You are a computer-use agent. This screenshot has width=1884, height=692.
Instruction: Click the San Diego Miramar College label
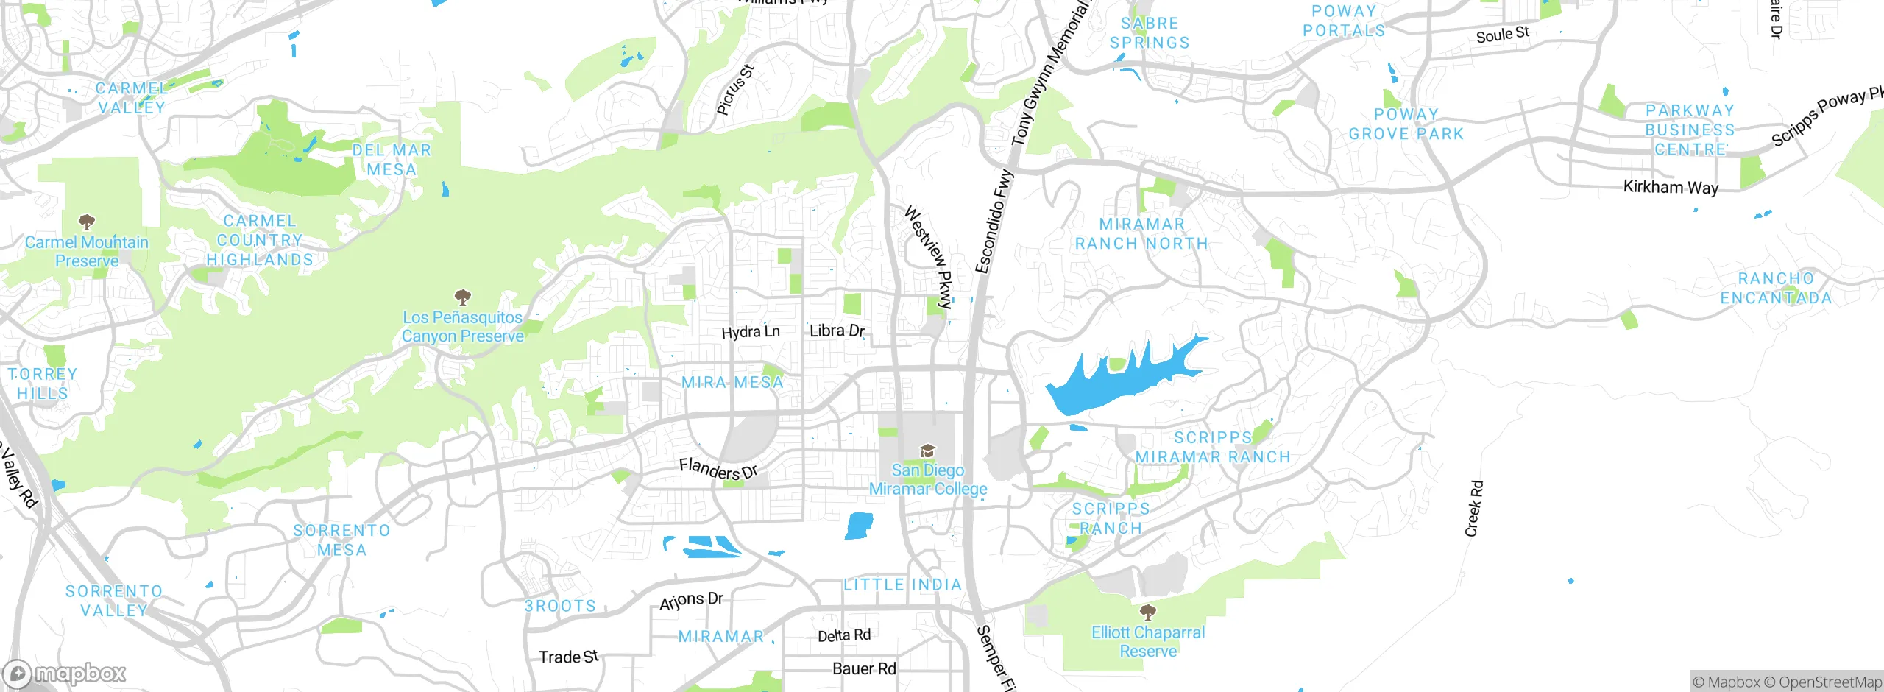(927, 479)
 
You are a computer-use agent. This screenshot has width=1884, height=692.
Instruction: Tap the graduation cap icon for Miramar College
(927, 451)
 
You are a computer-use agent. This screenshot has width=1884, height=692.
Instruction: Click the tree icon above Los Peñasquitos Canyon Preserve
(462, 297)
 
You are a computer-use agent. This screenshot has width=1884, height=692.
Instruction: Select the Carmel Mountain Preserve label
(87, 251)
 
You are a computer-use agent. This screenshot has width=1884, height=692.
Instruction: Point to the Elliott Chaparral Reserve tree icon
(1147, 612)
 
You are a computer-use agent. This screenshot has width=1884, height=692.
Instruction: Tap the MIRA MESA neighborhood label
(732, 382)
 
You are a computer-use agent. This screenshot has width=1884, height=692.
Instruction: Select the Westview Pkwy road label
(929, 256)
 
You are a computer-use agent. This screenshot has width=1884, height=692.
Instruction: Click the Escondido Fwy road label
(994, 221)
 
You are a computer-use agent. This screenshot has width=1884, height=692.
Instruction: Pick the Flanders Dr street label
(718, 469)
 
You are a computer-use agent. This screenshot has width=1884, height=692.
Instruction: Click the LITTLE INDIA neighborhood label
(902, 585)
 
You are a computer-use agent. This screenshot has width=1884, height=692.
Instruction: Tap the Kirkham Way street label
(1671, 187)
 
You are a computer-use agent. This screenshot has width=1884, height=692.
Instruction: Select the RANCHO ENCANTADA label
(1776, 289)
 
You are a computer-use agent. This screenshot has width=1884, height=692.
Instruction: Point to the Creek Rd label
(1474, 509)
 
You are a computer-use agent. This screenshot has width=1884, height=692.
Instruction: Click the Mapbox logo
(65, 673)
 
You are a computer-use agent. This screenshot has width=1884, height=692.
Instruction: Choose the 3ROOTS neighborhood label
(560, 606)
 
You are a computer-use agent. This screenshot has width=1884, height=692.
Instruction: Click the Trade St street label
(568, 657)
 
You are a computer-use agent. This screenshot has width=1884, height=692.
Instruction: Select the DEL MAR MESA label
(392, 160)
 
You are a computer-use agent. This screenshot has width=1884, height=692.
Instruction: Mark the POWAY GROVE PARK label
(1406, 124)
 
